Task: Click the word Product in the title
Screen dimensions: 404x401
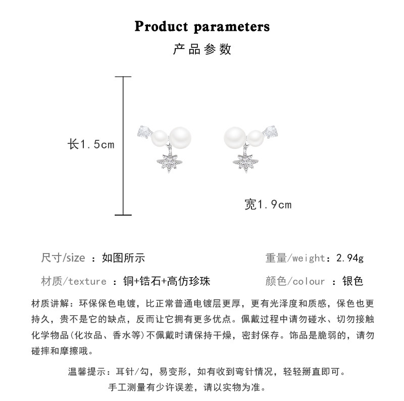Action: (x=161, y=26)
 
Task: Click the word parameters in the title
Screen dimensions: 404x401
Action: (x=232, y=27)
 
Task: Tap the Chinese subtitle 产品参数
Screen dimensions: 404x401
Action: (x=202, y=49)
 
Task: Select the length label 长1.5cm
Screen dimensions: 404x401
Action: (x=91, y=144)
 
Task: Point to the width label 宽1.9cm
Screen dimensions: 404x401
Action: (x=268, y=205)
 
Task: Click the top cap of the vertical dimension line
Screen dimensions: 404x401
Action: (x=123, y=77)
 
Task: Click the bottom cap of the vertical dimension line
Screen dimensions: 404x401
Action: (x=123, y=215)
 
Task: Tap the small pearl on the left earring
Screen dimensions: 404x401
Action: (x=160, y=138)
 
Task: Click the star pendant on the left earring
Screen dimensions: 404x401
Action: (x=170, y=162)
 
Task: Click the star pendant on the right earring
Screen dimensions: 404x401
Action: (x=245, y=162)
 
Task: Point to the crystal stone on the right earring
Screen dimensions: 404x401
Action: (x=271, y=132)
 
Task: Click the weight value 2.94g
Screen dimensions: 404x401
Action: (x=350, y=258)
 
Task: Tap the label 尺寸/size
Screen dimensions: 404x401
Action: (x=63, y=258)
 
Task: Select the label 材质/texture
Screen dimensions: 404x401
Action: (x=74, y=281)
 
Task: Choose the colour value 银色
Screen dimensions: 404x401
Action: (x=352, y=281)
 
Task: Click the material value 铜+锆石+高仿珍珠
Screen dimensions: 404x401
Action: (x=167, y=281)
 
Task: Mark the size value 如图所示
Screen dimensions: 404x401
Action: (x=123, y=258)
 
